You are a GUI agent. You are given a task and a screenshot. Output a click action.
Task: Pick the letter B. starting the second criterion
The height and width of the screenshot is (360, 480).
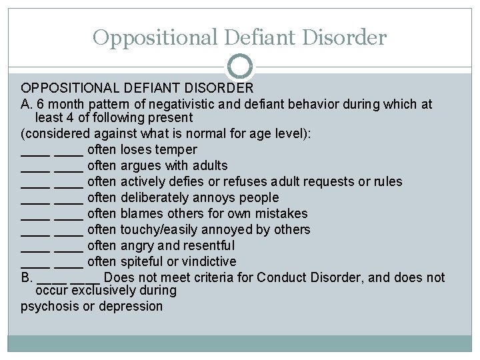26,277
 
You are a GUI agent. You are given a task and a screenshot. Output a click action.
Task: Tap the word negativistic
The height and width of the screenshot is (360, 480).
181,105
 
